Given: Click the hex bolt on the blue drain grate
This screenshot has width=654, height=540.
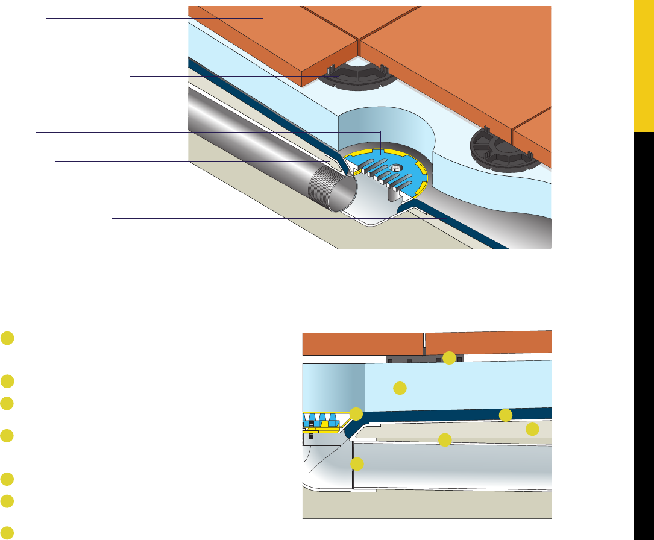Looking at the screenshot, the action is (395, 167).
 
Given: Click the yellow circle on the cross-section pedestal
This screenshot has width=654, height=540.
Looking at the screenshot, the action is (449, 357).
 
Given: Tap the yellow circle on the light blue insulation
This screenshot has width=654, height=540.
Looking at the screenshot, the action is (400, 388).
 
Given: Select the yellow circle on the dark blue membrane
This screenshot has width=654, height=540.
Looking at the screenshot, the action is (506, 414).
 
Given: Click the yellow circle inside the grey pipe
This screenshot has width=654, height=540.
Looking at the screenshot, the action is (357, 463).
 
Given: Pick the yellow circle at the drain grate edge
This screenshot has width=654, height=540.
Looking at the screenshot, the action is (356, 413).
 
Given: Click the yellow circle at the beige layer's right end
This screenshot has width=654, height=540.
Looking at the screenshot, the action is (532, 429).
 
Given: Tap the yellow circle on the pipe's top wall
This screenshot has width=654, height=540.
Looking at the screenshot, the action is (445, 439).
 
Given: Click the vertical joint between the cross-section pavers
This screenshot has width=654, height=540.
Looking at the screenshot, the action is (424, 343).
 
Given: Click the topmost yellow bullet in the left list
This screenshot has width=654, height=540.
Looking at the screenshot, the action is (7, 339).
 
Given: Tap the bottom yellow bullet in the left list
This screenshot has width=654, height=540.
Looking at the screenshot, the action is (7, 533).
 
